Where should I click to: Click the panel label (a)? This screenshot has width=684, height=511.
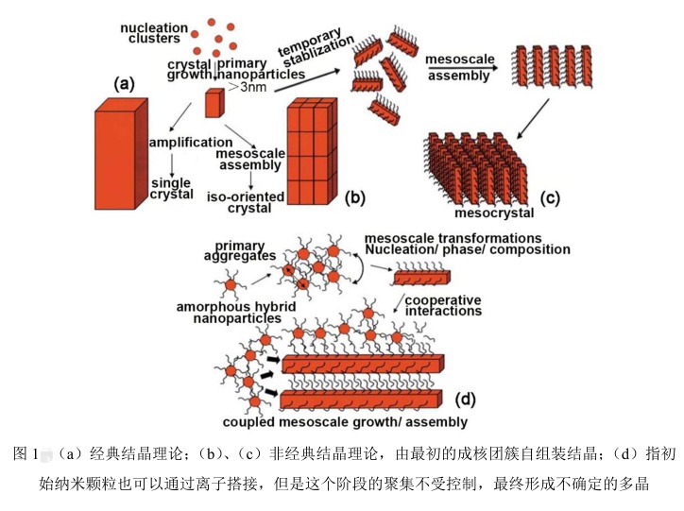point(123,85)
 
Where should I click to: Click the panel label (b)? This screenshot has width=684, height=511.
point(354,196)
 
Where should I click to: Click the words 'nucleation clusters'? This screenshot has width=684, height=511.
point(153,35)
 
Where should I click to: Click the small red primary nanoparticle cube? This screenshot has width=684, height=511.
point(214,102)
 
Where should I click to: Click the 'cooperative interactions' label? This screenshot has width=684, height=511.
point(442,306)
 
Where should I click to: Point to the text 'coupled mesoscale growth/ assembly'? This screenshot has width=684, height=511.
point(345,422)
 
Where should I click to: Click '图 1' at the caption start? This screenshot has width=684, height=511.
point(26,454)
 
